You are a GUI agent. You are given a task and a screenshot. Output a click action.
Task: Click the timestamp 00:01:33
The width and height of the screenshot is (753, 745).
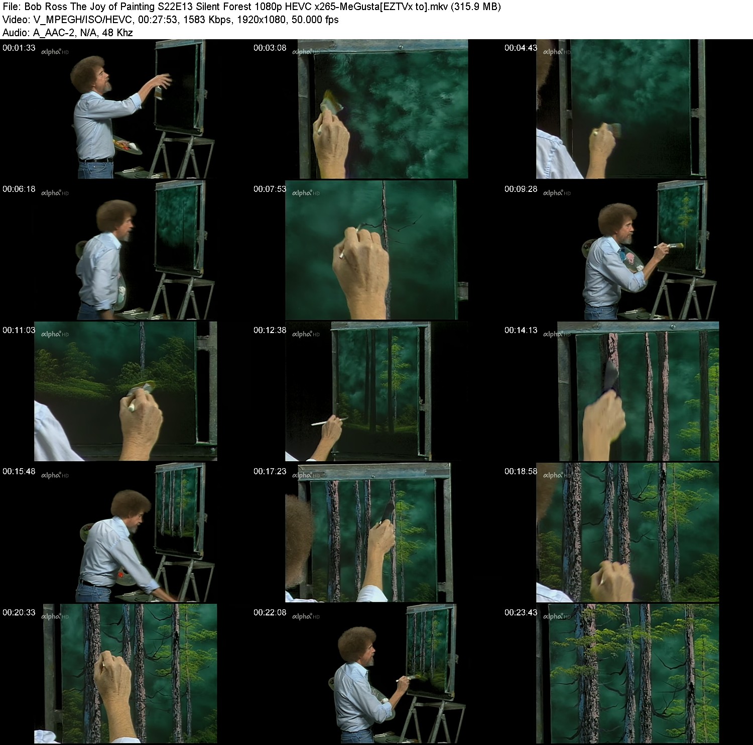pos(19,48)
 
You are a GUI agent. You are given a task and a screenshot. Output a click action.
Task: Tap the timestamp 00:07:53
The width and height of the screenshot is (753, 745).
pos(270,189)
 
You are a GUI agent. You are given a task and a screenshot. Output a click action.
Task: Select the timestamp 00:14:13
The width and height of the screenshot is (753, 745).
pos(521,330)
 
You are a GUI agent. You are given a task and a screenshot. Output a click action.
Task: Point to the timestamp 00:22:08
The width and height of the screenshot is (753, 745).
pos(270,612)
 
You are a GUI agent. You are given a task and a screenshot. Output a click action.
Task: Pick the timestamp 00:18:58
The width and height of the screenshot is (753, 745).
pos(521,471)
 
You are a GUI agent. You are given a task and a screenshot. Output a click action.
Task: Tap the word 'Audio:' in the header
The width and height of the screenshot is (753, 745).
pos(16,33)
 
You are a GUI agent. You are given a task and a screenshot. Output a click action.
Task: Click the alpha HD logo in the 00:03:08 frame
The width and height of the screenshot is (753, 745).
pos(306,52)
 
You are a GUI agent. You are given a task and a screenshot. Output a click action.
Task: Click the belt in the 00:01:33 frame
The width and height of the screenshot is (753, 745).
pos(95,161)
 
